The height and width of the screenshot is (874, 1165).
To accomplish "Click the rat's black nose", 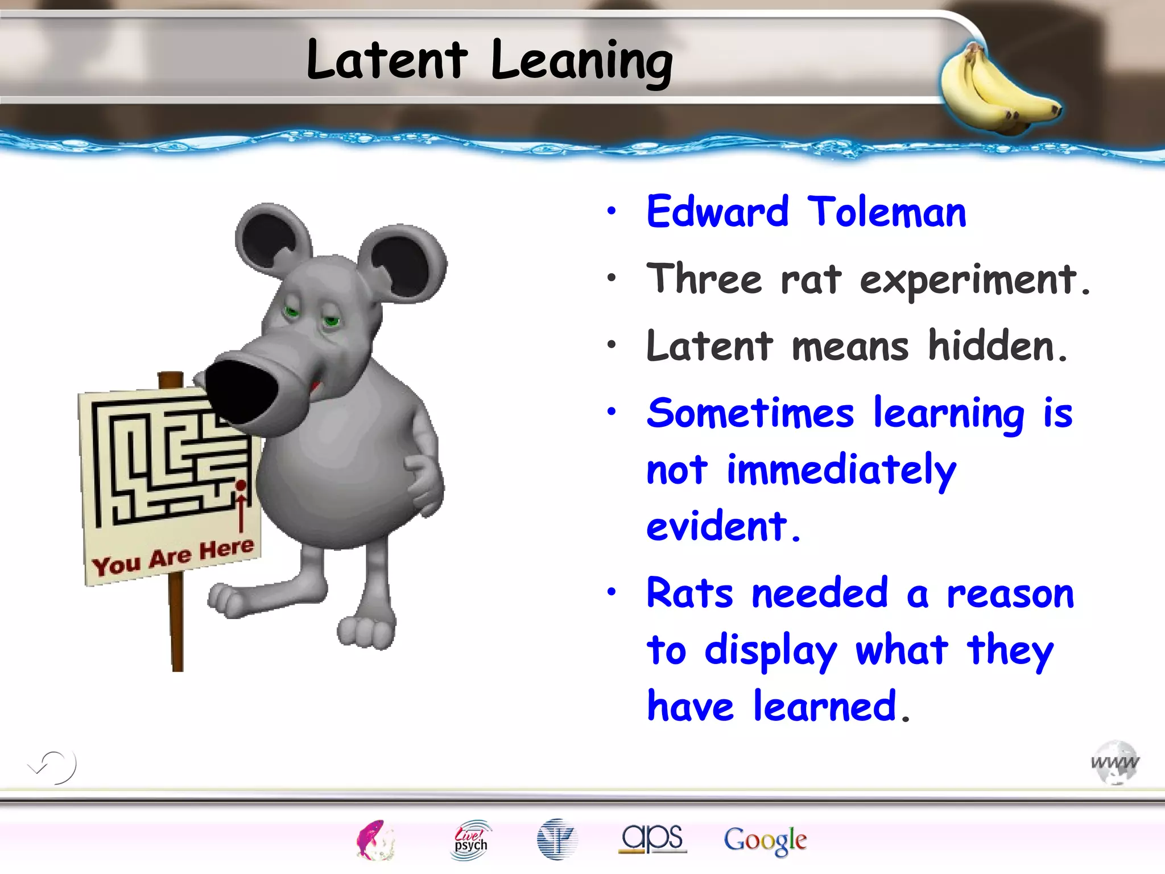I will [x=242, y=391].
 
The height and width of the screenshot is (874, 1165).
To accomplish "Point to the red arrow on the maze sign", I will [x=241, y=506].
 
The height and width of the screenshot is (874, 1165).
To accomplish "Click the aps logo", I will [x=652, y=838].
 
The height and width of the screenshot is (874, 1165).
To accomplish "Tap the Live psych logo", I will [x=470, y=840].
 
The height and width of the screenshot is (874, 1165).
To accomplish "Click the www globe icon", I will [x=1115, y=762].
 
